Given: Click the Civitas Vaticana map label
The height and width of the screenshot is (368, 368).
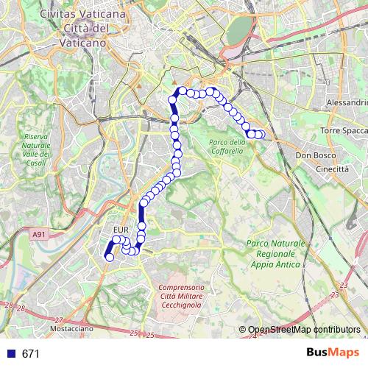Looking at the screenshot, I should [82, 14].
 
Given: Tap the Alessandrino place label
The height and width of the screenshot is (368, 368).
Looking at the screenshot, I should [346, 102].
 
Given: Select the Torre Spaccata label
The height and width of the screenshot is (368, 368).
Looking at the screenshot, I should [343, 130].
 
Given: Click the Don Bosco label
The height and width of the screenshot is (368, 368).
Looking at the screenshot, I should [315, 156].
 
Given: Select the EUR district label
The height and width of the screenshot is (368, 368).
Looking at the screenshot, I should [121, 230].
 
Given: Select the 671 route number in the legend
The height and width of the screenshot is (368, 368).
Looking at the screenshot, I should [30, 354].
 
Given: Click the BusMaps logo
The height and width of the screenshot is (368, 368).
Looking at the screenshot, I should [333, 353].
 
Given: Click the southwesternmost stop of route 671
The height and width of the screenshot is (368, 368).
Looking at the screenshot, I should [109, 257].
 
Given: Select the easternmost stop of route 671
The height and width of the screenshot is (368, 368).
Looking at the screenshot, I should [261, 134].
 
